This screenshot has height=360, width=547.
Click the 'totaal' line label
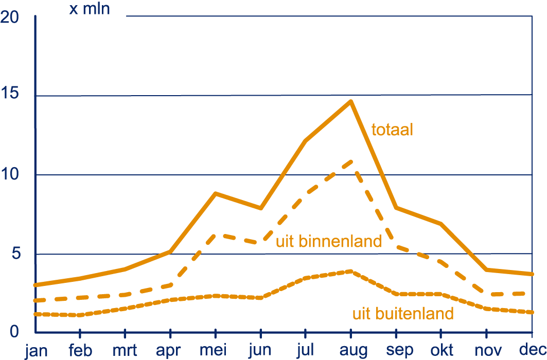pyautogui.click(x=392, y=130)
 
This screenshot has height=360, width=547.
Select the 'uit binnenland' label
pyautogui.click(x=329, y=241)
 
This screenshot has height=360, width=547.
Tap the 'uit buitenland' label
pyautogui.click(x=403, y=314)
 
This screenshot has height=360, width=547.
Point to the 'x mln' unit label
pyautogui.click(x=90, y=9)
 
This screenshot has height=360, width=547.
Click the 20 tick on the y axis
pyautogui.click(x=9, y=17)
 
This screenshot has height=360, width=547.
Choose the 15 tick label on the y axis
pyautogui.click(x=9, y=94)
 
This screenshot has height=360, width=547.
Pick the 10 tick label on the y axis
pyautogui.click(x=9, y=173)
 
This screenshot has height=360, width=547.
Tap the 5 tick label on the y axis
pyautogui.click(x=16, y=253)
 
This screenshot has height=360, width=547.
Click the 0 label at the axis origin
pyautogui.click(x=14, y=331)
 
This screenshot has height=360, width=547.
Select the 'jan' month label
pyautogui.click(x=36, y=351)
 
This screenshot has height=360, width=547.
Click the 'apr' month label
pyautogui.click(x=168, y=351)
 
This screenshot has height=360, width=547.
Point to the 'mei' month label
pyautogui.click(x=213, y=350)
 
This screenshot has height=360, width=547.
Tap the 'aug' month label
pyautogui.click(x=354, y=351)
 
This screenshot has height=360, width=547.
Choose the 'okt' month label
pyautogui.click(x=442, y=350)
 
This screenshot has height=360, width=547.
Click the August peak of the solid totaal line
pyautogui.click(x=351, y=101)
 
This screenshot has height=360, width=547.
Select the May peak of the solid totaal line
pyautogui.click(x=216, y=193)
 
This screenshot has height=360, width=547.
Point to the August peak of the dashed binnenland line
pyautogui.click(x=351, y=161)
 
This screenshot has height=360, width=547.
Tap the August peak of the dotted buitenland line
pyautogui.click(x=351, y=271)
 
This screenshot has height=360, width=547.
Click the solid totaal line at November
pyautogui.click(x=486, y=269)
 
